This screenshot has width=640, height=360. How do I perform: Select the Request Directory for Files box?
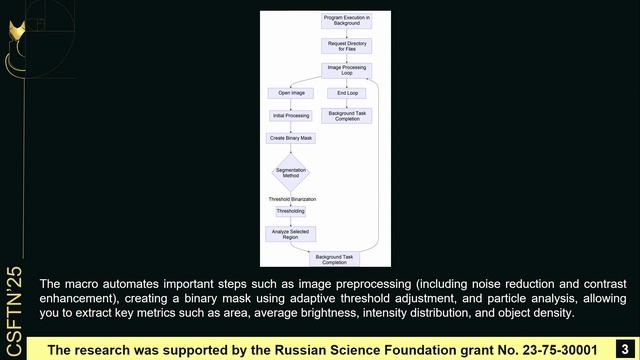click(x=347, y=45)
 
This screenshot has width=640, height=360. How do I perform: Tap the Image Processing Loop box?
click(x=347, y=70)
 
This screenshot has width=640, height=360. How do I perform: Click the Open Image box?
click(x=291, y=93)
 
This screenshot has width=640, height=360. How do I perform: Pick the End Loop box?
click(x=347, y=93)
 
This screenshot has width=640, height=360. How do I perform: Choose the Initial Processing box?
click(x=291, y=115)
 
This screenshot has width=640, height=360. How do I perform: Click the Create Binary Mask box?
click(x=291, y=138)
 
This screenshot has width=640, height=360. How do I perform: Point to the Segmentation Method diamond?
click(x=291, y=173)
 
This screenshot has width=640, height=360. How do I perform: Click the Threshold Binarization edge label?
click(x=292, y=199)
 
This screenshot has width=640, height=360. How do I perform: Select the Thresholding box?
click(x=291, y=211)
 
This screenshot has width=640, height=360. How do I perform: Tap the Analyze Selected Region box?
click(x=291, y=234)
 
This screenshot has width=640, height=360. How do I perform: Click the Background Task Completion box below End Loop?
click(x=347, y=116)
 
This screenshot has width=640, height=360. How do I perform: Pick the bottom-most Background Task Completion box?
click(x=335, y=259)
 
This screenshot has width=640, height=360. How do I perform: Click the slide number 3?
click(x=624, y=349)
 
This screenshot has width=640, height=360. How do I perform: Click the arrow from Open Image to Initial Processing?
click(x=291, y=104)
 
